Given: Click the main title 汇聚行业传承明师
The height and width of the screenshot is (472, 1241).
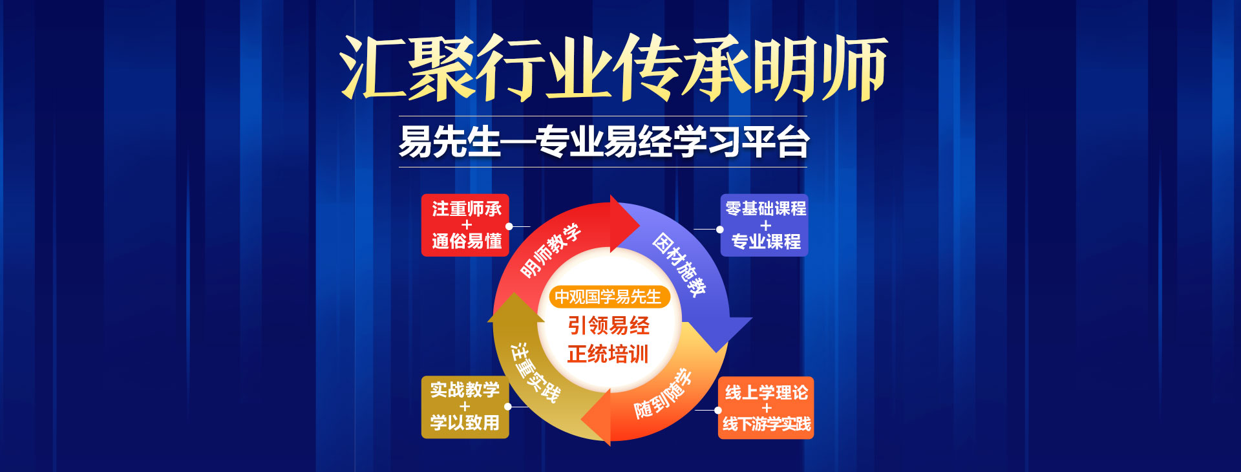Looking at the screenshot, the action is point(614,68).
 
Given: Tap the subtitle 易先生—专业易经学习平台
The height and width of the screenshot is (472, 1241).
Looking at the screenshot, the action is point(604,142).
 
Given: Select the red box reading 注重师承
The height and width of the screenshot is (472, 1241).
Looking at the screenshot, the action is point(465,225).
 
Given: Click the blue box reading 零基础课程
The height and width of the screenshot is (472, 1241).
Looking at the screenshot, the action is point(765,225).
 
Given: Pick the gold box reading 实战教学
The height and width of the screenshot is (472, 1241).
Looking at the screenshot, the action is point(465,407).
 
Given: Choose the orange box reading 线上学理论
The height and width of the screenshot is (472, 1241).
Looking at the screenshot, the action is point(766,408).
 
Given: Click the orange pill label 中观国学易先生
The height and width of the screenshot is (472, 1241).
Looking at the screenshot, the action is point(608,297).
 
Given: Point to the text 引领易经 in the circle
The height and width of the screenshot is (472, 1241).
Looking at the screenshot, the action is point(609,325).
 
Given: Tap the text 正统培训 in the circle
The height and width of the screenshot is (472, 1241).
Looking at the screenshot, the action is point(608,354).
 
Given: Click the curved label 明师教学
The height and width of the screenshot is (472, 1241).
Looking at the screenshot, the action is point(551,250).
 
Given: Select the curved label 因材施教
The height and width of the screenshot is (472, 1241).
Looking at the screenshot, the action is point(679,264).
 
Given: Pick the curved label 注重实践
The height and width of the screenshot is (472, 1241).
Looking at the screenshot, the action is point(535,372).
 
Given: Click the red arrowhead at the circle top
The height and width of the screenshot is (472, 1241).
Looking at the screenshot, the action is point(624,224).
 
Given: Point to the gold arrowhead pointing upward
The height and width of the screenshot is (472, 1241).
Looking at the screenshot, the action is point(515,308).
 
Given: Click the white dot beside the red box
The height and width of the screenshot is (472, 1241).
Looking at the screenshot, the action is point(509,226).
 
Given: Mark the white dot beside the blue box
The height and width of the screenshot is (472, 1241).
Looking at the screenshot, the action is point(720,229).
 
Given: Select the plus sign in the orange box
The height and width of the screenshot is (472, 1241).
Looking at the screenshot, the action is point(767,408).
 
